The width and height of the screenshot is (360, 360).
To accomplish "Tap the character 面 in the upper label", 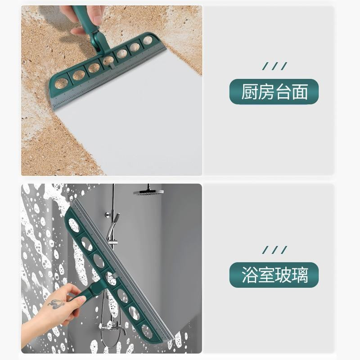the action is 300,92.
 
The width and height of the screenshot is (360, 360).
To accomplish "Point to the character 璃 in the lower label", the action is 300,275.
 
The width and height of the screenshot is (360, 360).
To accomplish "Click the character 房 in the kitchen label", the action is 266,92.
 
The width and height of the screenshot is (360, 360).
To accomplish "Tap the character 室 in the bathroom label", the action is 266,275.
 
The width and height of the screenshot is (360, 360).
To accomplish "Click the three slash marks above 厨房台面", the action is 274,66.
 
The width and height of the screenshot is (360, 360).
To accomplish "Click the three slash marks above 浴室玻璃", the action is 274,250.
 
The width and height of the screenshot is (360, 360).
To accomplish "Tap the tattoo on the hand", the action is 55,304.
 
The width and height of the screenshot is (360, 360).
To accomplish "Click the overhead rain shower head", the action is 148,192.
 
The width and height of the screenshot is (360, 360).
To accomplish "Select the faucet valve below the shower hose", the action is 114,326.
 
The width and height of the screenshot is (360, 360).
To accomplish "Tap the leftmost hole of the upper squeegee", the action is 61,84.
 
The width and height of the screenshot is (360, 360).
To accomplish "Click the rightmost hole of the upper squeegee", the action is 148,40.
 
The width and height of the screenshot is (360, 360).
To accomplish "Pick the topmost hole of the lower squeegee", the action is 74,225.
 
